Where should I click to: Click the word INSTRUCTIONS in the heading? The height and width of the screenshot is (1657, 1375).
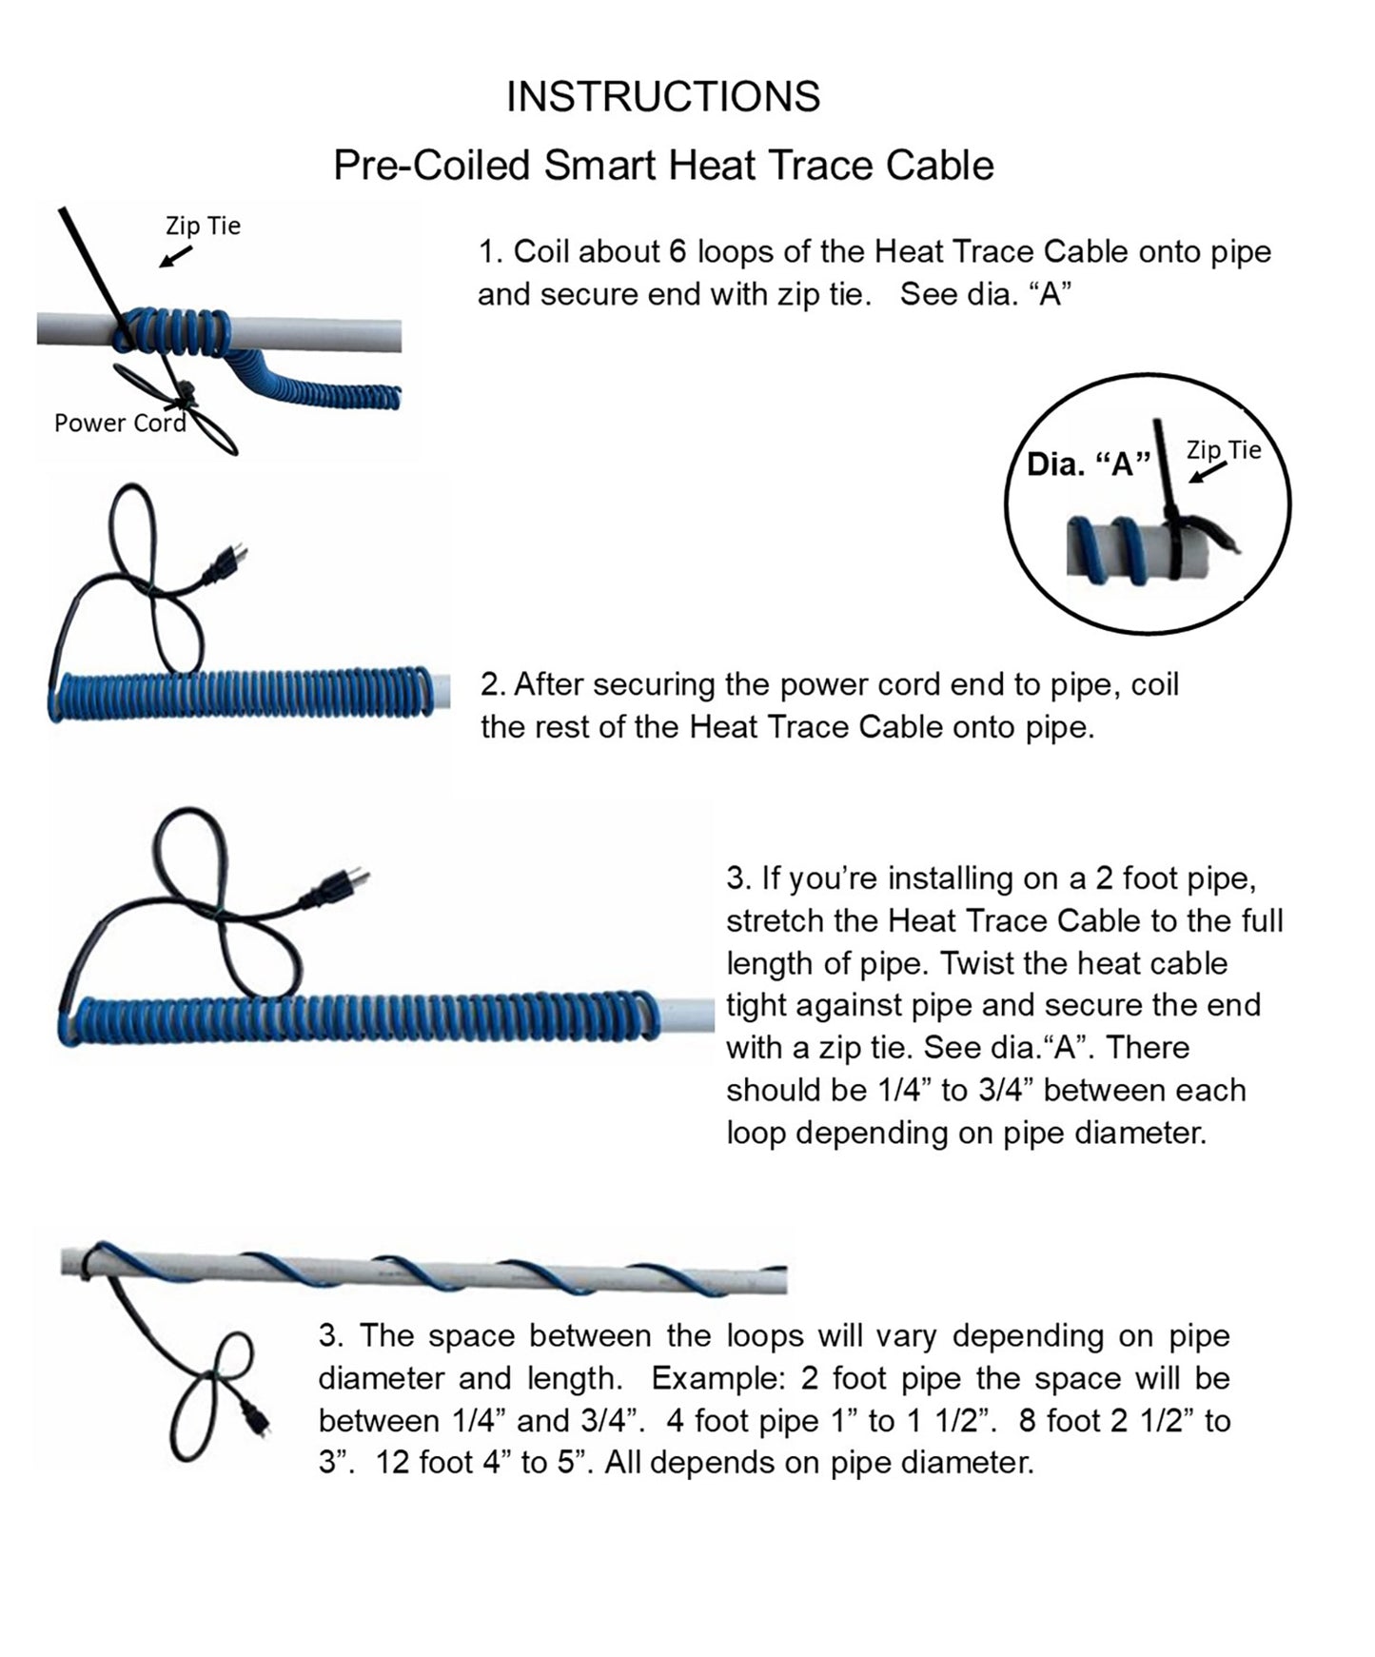coord(663,97)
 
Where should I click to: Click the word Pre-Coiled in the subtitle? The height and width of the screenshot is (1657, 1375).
coord(432,166)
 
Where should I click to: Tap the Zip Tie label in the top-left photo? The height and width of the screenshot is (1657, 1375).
coord(203,227)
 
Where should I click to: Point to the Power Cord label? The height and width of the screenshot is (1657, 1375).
coord(120,423)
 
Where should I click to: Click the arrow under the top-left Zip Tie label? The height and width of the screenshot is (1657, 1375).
coord(176,256)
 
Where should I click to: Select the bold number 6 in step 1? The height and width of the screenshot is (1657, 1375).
coord(678,252)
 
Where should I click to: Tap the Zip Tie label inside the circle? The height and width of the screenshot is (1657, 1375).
coord(1224,450)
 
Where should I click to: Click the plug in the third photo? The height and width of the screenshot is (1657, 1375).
coord(334,886)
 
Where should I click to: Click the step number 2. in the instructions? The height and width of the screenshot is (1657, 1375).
coord(493,684)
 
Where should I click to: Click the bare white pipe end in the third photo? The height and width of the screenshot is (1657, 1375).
coord(685,1016)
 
